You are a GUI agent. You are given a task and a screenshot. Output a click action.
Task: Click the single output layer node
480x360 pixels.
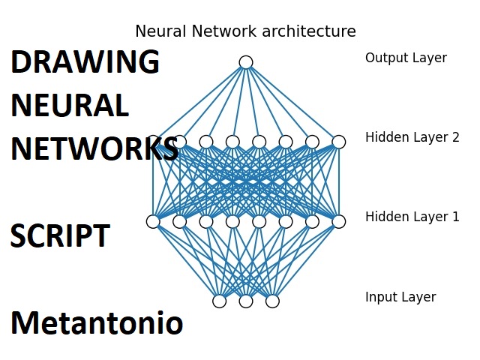pos(246,62)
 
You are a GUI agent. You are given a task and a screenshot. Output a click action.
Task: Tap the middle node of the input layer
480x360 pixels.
pos(246,301)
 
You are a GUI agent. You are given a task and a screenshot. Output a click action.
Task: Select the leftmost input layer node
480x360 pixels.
pos(219,301)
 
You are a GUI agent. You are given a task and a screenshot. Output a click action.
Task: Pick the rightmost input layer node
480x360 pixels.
pos(272,301)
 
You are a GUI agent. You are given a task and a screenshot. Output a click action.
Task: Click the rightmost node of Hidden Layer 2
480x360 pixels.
pos(339,142)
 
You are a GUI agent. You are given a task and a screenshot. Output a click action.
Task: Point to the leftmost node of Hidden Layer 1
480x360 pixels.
pos(153,221)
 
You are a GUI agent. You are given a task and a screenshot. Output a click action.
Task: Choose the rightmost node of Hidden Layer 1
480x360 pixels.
pos(339,221)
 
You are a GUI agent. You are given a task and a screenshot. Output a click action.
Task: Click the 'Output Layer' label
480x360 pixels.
pos(406,58)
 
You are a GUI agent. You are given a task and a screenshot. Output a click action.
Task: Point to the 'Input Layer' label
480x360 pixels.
pos(400,297)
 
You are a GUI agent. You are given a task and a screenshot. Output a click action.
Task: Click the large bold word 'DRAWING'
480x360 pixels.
pos(85,62)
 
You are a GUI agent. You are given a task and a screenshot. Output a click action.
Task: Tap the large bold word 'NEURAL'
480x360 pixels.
pos(70,106)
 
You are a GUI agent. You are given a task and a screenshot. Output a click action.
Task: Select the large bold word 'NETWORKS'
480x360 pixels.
pos(94,149)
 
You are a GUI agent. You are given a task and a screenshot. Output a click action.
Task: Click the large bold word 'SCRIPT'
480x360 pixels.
pos(60,236)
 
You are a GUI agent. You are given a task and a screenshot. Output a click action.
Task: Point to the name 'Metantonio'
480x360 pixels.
pos(96,323)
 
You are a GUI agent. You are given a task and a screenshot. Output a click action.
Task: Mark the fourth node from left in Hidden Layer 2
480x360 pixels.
pos(232,142)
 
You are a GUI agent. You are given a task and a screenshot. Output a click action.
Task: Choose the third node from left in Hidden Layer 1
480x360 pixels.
pos(206,221)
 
